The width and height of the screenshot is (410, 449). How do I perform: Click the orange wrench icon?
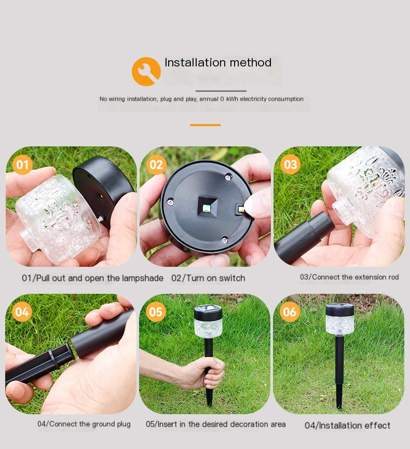click(x=146, y=71)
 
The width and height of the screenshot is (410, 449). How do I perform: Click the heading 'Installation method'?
click(x=218, y=63)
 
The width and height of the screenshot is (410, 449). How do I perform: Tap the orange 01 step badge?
click(x=22, y=165)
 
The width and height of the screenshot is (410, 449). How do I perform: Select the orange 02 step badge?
click(x=156, y=165)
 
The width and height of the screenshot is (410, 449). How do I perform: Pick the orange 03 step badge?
click(x=290, y=165)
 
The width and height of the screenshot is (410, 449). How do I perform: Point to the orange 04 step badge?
click(x=22, y=312)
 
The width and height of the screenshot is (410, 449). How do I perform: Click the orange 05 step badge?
click(x=156, y=312)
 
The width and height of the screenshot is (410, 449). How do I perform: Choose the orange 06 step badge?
click(x=290, y=312)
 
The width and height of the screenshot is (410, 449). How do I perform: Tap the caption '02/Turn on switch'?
click(x=208, y=278)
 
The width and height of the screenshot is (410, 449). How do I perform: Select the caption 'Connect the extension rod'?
click(x=349, y=277)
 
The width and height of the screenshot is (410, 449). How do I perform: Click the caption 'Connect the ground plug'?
click(x=84, y=424)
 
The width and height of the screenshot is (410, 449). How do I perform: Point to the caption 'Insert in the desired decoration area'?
click(x=215, y=424)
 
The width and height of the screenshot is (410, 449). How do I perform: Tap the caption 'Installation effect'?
click(x=347, y=426)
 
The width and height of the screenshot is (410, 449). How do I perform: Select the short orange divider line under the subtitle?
click(x=205, y=125)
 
